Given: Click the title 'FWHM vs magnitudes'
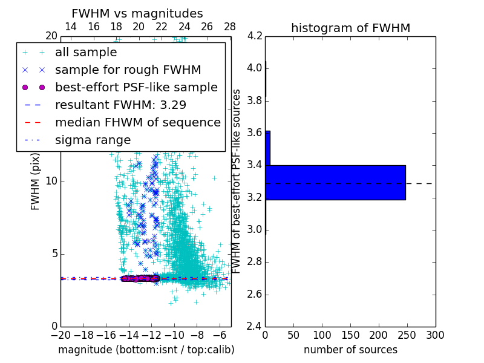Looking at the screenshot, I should pyautogui.click(x=137, y=13).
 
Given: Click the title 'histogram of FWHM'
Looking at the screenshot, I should pyautogui.click(x=350, y=28).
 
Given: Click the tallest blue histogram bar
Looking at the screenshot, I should pyautogui.click(x=335, y=182).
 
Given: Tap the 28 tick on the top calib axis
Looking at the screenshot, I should pyautogui.click(x=230, y=27).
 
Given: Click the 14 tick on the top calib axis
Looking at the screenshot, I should pyautogui.click(x=70, y=27).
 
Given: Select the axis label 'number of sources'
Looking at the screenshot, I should pyautogui.click(x=350, y=350).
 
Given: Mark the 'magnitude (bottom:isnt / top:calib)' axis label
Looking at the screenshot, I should pyautogui.click(x=146, y=350).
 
